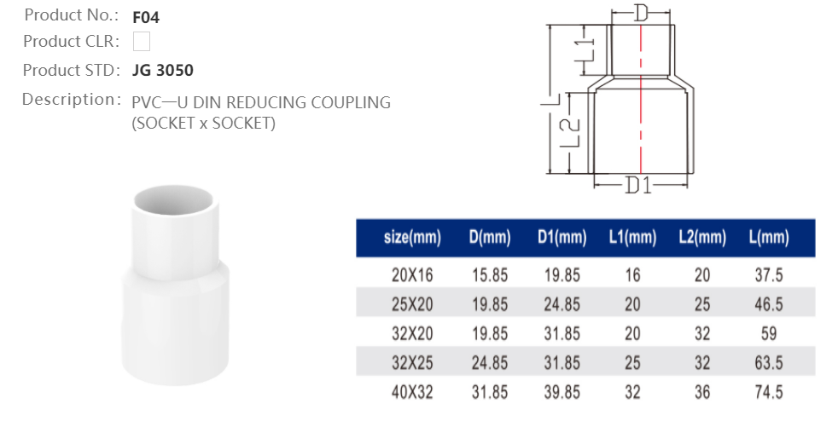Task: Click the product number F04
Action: pos(146,16)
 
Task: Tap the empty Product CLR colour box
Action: pos(142,41)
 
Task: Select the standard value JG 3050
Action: pos(163,70)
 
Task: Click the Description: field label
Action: pos(68,99)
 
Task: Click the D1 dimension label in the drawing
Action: pos(638,185)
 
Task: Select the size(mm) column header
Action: pos(412,239)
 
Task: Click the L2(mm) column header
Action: pos(701,239)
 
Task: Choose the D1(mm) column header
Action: pos(562,239)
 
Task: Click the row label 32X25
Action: pos(412,363)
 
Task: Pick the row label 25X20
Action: pos(412,305)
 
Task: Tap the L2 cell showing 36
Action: pos(701,392)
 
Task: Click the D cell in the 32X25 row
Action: pos(490,363)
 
